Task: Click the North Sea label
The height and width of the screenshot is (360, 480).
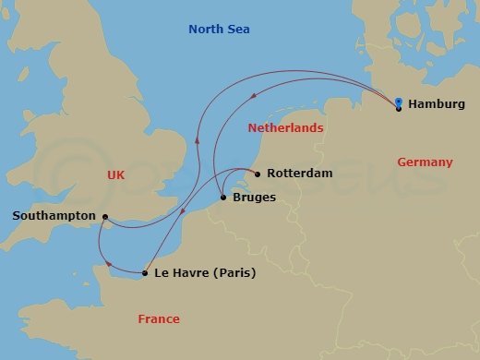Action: [x=219, y=30]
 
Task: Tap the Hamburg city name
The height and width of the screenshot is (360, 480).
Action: [x=436, y=104]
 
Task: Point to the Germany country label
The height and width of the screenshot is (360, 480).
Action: [x=425, y=162]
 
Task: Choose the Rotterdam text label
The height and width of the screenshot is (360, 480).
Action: [x=298, y=174]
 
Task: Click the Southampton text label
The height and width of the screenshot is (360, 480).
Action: [x=54, y=215]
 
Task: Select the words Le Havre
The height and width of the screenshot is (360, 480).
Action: [x=181, y=273]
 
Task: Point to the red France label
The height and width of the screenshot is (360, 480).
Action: [x=158, y=319]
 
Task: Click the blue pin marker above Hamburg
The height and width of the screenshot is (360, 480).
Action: [x=398, y=102]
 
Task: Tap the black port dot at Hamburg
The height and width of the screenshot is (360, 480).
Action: [x=398, y=109]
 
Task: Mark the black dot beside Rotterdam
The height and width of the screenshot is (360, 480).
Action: [x=256, y=173]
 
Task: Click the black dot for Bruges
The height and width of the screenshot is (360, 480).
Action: [x=223, y=197]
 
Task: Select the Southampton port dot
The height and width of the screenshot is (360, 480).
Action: [x=105, y=218]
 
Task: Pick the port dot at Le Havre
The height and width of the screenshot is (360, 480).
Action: [x=145, y=273]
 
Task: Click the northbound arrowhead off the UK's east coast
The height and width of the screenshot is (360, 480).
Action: [x=196, y=140]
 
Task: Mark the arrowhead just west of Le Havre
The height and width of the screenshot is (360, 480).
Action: [x=110, y=264]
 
